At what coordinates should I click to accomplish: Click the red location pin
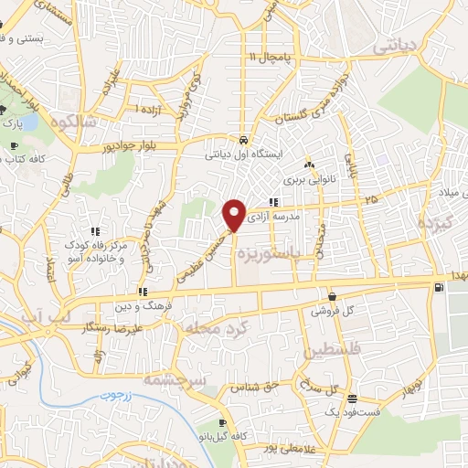(235, 216)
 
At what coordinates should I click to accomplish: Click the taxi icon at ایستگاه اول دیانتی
(243, 141)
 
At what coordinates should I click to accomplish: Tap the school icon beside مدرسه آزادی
(272, 203)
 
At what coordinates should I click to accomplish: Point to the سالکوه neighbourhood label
(74, 122)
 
